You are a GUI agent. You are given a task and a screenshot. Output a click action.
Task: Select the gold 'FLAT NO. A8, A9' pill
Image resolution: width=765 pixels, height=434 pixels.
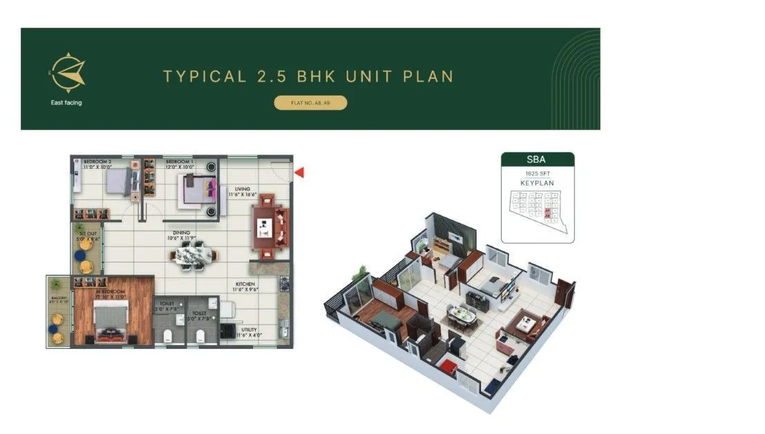click(310, 103)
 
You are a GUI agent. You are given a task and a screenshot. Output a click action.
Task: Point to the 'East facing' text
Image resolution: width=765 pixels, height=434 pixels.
click(67, 103)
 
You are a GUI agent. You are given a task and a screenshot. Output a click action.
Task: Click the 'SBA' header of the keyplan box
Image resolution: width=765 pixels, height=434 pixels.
click(537, 160)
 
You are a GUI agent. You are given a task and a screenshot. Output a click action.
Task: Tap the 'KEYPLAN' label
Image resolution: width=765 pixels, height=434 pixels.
click(537, 183)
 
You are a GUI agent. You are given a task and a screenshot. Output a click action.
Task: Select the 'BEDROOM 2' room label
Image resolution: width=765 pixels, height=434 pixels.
click(97, 161)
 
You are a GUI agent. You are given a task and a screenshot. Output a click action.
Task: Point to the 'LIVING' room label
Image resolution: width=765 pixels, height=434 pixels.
click(242, 188)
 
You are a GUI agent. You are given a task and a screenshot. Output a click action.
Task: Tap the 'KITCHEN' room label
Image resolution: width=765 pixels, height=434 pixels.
click(245, 284)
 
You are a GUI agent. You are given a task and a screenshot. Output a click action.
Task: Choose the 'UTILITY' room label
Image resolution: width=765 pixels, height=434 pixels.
click(249, 329)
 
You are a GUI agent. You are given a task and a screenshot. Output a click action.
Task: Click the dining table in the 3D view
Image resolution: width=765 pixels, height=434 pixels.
click(461, 316)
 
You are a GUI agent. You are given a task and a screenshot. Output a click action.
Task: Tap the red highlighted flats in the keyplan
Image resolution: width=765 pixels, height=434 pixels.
click(547, 211)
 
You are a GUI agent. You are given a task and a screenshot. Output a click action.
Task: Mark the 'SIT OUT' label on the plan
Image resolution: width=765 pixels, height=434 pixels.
click(87, 235)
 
